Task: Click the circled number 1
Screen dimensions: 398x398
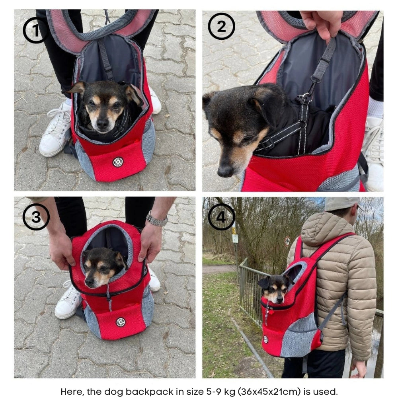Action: pyautogui.click(x=35, y=31)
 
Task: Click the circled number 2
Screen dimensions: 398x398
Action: pyautogui.click(x=221, y=26)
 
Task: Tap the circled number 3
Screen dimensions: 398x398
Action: pyautogui.click(x=36, y=217)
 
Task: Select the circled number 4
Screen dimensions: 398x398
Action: pyautogui.click(x=221, y=217)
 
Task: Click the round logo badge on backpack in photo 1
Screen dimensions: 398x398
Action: pyautogui.click(x=118, y=162)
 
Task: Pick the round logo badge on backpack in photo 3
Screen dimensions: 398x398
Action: pyautogui.click(x=121, y=322)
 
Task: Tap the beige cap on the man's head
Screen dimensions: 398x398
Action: pyautogui.click(x=343, y=204)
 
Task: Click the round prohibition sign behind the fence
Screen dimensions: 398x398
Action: pyautogui.click(x=287, y=241)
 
